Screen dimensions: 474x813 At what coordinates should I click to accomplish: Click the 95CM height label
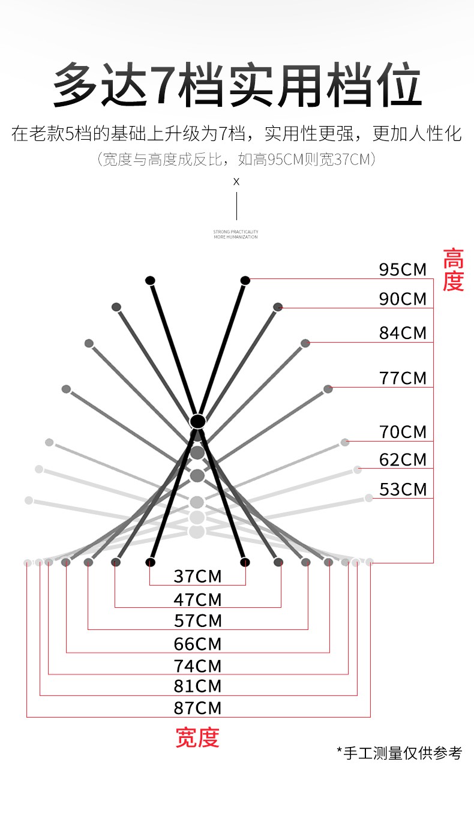tap(403, 270)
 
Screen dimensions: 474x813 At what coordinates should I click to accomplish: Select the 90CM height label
tap(403, 299)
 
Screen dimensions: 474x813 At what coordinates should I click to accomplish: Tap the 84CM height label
tap(403, 332)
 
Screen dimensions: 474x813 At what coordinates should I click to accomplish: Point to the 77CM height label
tap(403, 379)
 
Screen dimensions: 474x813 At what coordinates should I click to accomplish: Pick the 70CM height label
tap(403, 432)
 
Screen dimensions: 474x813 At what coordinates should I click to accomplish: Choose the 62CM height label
tap(403, 460)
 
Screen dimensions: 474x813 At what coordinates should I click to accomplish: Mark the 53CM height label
tap(403, 490)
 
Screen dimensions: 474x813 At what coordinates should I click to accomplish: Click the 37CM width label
tap(197, 577)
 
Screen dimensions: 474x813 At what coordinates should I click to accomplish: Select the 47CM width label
tap(197, 599)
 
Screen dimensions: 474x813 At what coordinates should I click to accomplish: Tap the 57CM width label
tap(197, 621)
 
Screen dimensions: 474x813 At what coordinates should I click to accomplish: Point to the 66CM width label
tap(197, 644)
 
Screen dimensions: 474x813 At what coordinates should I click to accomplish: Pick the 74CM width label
tap(197, 666)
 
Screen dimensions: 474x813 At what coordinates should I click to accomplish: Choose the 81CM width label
tap(197, 686)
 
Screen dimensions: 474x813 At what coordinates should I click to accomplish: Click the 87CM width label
tap(197, 708)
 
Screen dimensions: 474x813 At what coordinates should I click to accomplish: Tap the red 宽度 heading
tap(197, 738)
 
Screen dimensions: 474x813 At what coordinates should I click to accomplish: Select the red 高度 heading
tap(453, 270)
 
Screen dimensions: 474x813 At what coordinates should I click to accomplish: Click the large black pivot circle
tap(197, 421)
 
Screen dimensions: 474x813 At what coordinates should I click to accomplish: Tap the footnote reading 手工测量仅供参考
tap(400, 752)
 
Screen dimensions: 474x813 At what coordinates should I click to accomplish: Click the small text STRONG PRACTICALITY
tap(236, 231)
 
